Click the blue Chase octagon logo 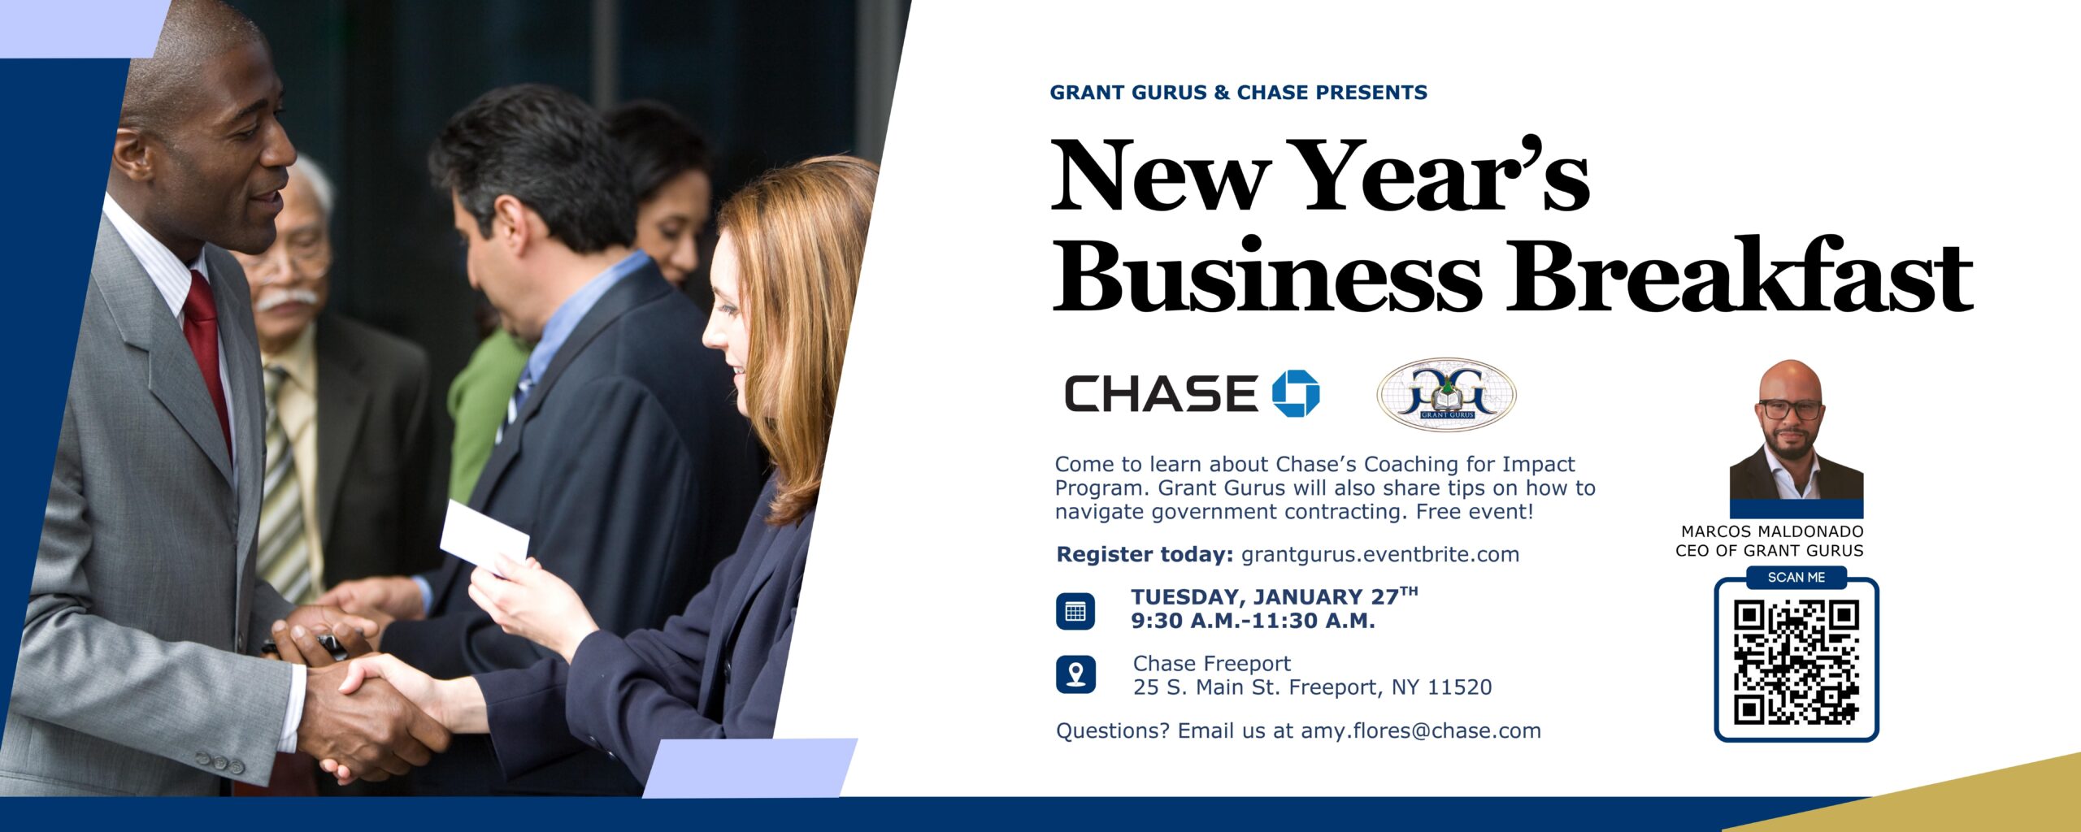click(1296, 394)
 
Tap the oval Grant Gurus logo click(1446, 394)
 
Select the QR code click(1796, 662)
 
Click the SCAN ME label click(1796, 577)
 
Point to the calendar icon click(1075, 611)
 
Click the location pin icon click(1075, 674)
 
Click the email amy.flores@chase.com click(1421, 730)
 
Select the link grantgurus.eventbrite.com click(1380, 554)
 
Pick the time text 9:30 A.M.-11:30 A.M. click(1253, 621)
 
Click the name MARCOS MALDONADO click(1772, 531)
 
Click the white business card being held click(484, 535)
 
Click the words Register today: click(1145, 554)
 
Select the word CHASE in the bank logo click(1162, 393)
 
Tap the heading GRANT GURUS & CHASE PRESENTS click(1238, 93)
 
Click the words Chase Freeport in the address click(1212, 664)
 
